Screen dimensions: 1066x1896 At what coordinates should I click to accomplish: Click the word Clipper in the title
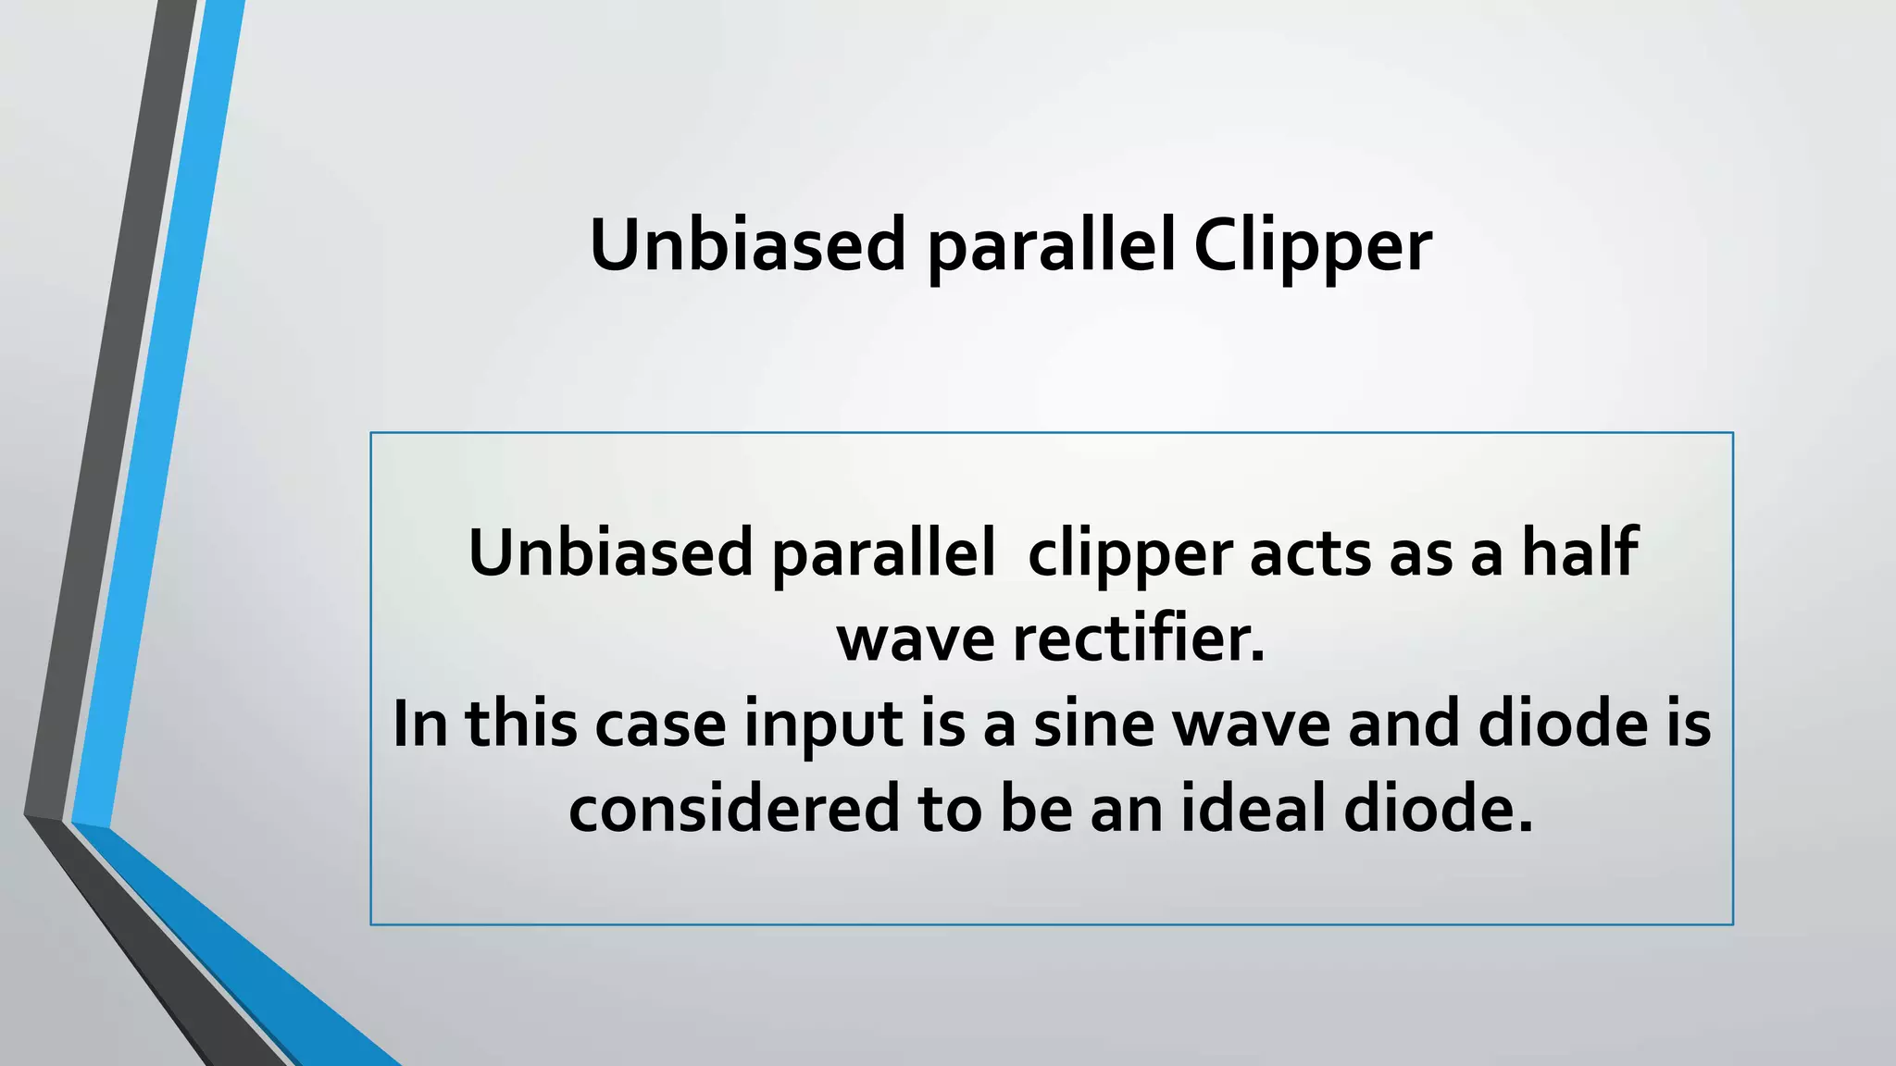[1312, 247]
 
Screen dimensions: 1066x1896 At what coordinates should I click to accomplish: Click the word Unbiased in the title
[747, 245]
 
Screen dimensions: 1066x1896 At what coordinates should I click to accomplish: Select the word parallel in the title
[1051, 247]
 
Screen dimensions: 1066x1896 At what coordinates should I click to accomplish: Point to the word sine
[1093, 724]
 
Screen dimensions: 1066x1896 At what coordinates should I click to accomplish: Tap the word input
[823, 725]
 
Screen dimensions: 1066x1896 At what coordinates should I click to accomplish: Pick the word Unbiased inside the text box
[610, 552]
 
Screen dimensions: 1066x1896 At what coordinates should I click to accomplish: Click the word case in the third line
[660, 725]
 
